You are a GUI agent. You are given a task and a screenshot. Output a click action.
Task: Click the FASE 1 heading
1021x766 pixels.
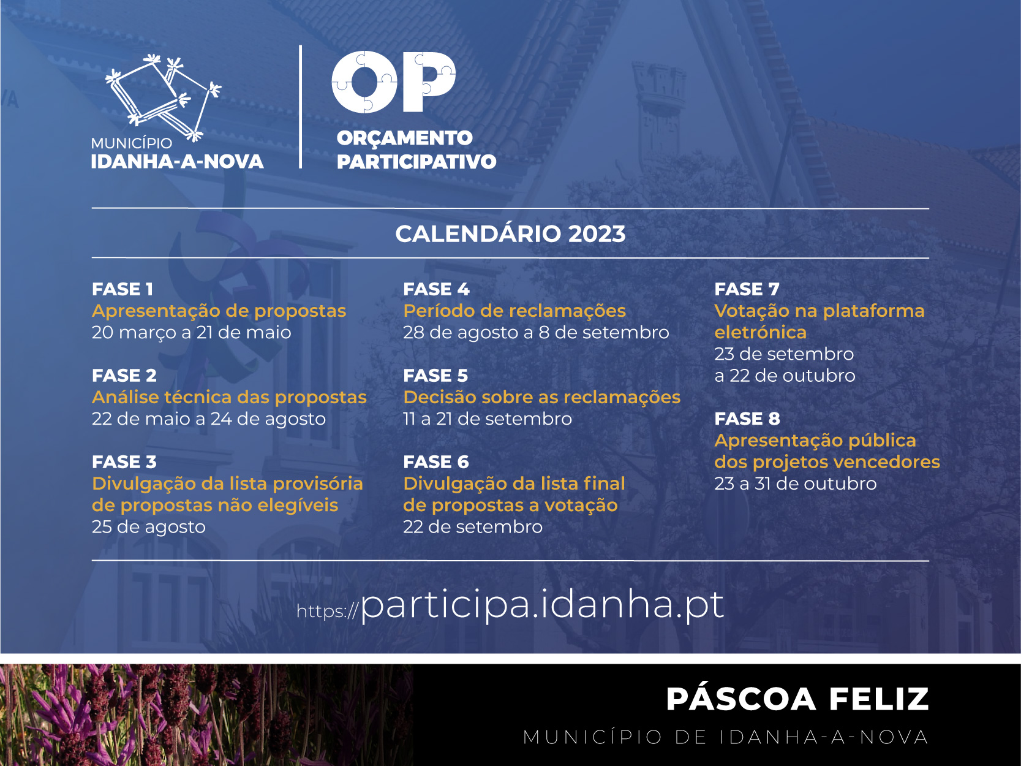[122, 289]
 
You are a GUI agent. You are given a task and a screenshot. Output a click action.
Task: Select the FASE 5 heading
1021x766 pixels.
[435, 376]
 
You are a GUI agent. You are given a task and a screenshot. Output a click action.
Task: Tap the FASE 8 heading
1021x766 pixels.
[747, 419]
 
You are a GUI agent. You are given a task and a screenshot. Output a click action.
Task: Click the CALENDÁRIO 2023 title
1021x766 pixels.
[510, 233]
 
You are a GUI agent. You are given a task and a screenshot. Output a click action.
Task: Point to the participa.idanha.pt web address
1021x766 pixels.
[510, 605]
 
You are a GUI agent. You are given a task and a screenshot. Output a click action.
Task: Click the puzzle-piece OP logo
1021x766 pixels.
[393, 82]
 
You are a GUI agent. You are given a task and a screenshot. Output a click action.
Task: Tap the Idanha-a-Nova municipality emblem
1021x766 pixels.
[163, 97]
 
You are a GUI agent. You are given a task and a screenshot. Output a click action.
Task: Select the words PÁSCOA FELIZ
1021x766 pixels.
[797, 699]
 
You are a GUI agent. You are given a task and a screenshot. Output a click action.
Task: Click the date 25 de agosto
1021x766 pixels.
[148, 527]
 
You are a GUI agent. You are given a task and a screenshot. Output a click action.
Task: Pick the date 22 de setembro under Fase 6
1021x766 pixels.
[473, 527]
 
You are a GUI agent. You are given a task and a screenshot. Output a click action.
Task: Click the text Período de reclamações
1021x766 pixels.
[514, 311]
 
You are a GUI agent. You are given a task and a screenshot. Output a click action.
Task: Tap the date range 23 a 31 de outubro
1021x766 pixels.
[796, 483]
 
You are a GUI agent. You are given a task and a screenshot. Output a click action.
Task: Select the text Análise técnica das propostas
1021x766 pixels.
[229, 397]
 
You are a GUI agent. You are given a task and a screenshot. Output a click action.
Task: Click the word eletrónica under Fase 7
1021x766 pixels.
[761, 332]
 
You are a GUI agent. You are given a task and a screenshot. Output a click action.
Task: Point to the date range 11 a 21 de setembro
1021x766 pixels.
[488, 419]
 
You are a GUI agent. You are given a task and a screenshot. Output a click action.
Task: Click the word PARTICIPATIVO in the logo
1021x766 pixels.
[416, 162]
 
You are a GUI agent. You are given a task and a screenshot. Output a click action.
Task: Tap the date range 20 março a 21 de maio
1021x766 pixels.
[192, 332]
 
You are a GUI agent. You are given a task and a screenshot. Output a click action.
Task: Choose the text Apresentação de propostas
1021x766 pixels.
[219, 311]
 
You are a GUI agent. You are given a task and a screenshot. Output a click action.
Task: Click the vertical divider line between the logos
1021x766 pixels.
[301, 107]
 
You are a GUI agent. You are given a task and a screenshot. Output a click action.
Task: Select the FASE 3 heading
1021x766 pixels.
[124, 462]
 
